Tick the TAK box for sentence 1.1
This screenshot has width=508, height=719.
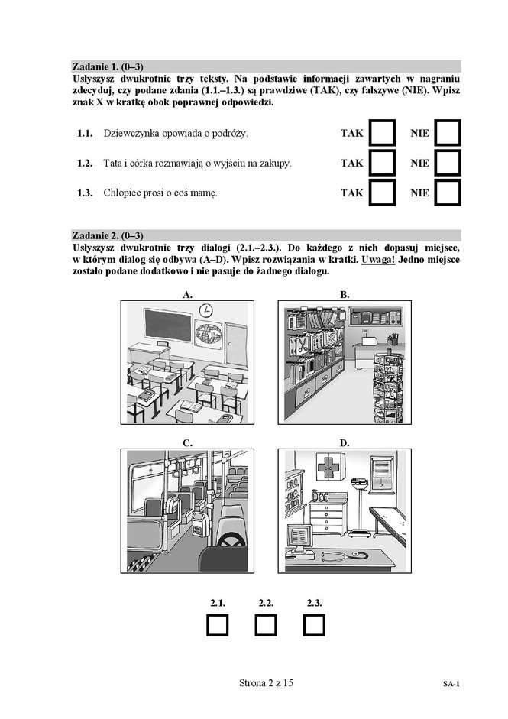pos(381,133)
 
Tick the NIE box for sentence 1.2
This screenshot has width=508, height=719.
pos(447,163)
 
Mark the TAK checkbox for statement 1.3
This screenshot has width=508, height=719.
pos(381,193)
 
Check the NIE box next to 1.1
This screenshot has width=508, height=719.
pos(447,133)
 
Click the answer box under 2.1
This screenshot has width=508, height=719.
pos(218,624)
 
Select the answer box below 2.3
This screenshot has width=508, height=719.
pos(313,624)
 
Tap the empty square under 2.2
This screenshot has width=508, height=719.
pos(266,624)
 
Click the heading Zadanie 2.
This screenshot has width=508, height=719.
pos(107,235)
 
